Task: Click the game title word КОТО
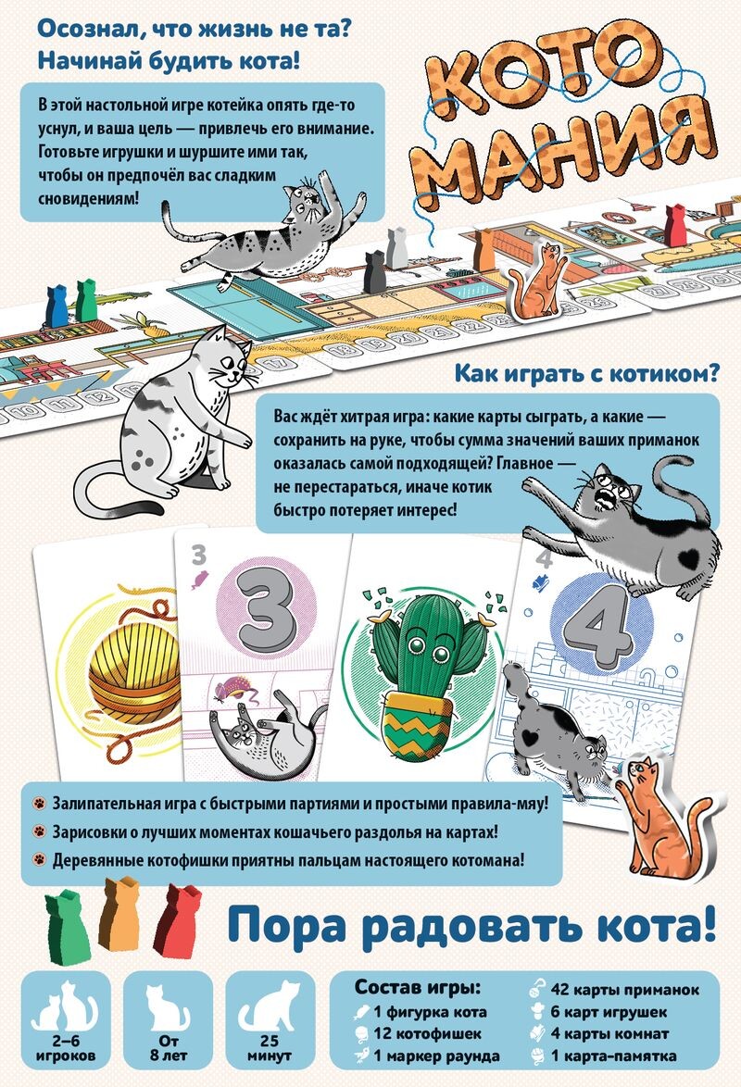pyautogui.click(x=544, y=75)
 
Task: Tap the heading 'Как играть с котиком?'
pyautogui.click(x=587, y=373)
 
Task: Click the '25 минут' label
pyautogui.click(x=270, y=1048)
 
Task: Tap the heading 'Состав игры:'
pyautogui.click(x=418, y=986)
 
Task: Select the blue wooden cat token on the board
pyautogui.click(x=57, y=305)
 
